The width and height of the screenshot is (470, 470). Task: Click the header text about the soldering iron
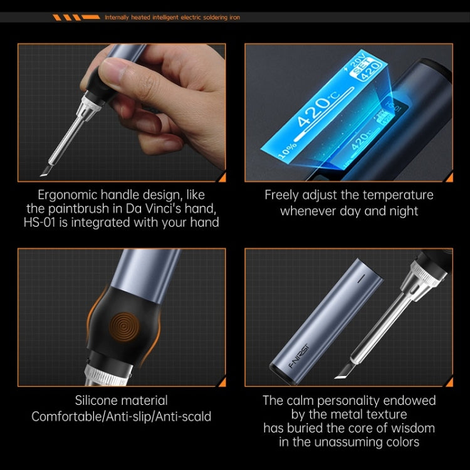172,18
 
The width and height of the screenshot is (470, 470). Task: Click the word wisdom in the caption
411,428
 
